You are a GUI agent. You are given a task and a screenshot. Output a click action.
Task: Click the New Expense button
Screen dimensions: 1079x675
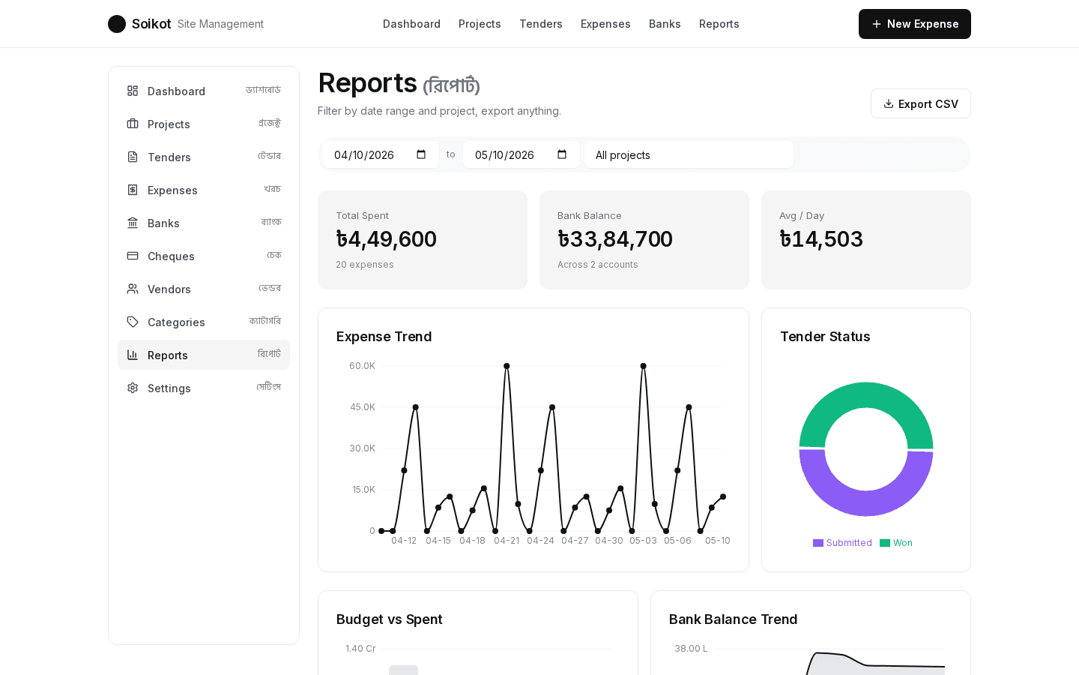(x=914, y=24)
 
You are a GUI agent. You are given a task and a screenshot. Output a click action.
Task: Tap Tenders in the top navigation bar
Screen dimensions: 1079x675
(x=540, y=24)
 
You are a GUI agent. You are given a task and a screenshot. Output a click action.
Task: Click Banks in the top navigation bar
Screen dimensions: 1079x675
(x=664, y=24)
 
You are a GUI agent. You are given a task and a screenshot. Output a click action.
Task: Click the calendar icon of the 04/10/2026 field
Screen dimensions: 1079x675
(x=421, y=154)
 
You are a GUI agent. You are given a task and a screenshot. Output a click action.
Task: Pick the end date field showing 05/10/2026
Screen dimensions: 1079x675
(x=522, y=154)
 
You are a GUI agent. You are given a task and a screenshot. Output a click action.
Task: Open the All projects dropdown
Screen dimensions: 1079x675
(x=689, y=154)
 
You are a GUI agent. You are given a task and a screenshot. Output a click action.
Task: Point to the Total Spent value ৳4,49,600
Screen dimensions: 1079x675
(x=387, y=239)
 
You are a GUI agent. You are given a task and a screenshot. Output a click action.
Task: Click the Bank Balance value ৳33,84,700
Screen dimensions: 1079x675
(x=614, y=239)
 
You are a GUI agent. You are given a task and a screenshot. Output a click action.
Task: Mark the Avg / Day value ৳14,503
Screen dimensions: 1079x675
(x=820, y=239)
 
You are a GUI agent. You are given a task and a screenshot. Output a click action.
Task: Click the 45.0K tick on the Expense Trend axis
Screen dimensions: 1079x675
(x=362, y=407)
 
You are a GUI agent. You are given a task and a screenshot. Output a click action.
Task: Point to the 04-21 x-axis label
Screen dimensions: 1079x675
(x=507, y=541)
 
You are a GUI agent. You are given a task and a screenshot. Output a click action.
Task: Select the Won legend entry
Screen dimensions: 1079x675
(x=896, y=543)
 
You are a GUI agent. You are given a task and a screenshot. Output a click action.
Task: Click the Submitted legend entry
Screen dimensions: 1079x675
(x=842, y=543)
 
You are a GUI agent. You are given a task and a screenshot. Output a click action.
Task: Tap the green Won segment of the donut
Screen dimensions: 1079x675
(x=866, y=394)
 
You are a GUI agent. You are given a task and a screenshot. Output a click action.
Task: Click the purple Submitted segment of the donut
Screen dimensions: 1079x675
(x=866, y=503)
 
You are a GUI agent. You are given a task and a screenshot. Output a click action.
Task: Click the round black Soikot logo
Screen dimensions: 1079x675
(x=117, y=24)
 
